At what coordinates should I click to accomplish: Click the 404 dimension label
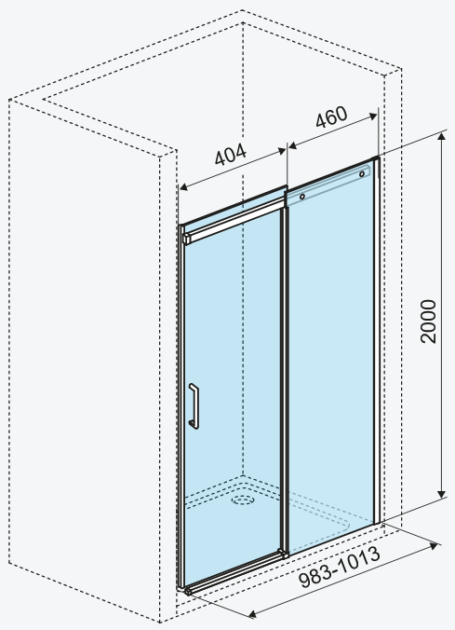[x=231, y=155]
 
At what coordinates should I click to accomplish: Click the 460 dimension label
[x=331, y=116]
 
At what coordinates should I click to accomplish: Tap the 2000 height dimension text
[x=428, y=322]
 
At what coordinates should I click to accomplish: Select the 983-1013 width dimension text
[x=340, y=567]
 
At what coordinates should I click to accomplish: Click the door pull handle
[x=194, y=405]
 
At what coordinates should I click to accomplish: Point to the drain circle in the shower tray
[x=243, y=500]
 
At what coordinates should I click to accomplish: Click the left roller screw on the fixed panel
[x=302, y=197]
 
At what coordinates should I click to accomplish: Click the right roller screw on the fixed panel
[x=362, y=174]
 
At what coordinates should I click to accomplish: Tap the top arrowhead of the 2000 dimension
[x=442, y=137]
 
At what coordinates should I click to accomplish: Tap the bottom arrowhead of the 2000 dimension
[x=442, y=493]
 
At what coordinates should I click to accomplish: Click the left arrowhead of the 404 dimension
[x=183, y=186]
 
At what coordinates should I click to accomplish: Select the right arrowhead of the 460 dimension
[x=373, y=116]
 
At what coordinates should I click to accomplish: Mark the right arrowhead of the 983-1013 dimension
[x=434, y=545]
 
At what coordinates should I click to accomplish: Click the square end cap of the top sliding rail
[x=187, y=239]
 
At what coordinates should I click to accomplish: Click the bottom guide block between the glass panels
[x=283, y=554]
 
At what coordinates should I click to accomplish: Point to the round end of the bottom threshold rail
[x=187, y=592]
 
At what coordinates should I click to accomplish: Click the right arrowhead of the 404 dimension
[x=282, y=151]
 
